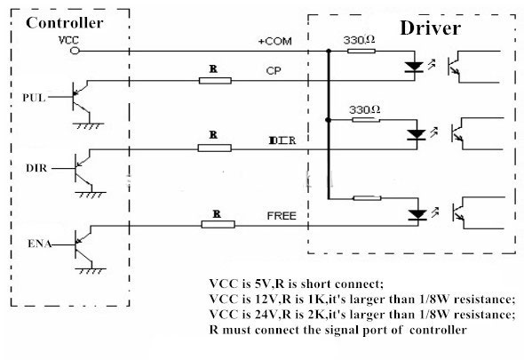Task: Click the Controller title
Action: [65, 23]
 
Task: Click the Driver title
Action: [431, 28]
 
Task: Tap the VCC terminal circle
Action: [75, 51]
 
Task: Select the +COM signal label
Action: [275, 41]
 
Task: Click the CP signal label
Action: [274, 71]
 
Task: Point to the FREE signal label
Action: [282, 216]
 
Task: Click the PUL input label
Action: [34, 98]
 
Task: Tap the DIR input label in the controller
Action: [36, 168]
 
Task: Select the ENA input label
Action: [39, 244]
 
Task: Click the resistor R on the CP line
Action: [215, 81]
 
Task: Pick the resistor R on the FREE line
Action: [218, 224]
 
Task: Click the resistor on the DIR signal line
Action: [214, 148]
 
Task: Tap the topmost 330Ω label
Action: [359, 40]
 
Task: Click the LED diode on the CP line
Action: [415, 67]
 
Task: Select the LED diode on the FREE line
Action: [417, 214]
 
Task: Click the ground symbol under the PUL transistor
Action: [88, 126]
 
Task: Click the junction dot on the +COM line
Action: [329, 51]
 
